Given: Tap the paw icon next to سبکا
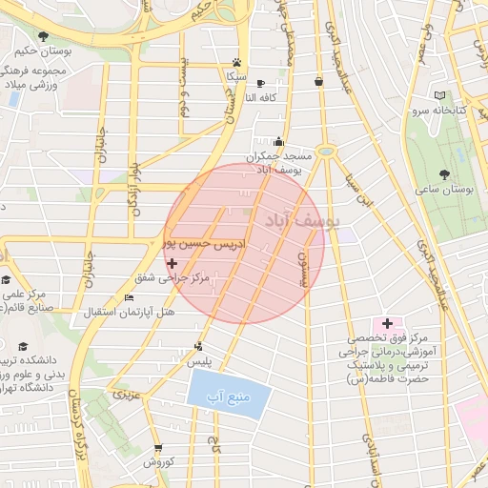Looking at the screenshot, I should pos(234,60).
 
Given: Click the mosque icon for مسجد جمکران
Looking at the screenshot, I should pos(278,141).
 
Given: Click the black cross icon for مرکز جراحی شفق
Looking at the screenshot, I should pos(172,263).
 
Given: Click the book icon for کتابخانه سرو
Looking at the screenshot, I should pos(439,95).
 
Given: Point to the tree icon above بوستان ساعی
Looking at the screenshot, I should pos(445,173).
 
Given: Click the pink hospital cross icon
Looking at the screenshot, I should pos(388,324).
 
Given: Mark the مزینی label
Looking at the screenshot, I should pos(126,393).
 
